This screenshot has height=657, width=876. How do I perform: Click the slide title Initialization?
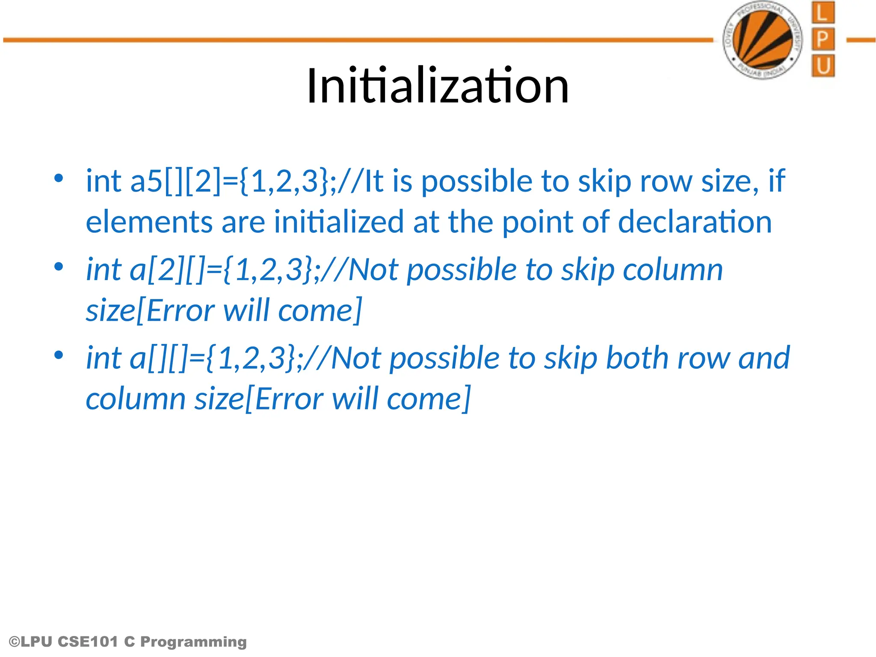(437, 86)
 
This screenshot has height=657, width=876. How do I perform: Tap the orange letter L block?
(823, 13)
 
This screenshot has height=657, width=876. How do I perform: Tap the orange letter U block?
(823, 66)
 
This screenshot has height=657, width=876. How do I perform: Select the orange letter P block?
(823, 39)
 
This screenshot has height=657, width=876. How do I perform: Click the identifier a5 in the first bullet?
(146, 181)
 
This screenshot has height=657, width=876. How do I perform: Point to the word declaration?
(695, 222)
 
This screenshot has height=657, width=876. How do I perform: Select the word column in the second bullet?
(672, 270)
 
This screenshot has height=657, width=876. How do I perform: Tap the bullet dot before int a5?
(59, 178)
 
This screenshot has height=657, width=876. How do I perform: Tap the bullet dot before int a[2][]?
(59, 266)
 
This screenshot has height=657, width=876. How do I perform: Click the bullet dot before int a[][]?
(59, 355)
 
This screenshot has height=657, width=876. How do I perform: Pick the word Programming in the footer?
(193, 642)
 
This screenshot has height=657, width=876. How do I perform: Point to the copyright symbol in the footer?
(14, 642)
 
